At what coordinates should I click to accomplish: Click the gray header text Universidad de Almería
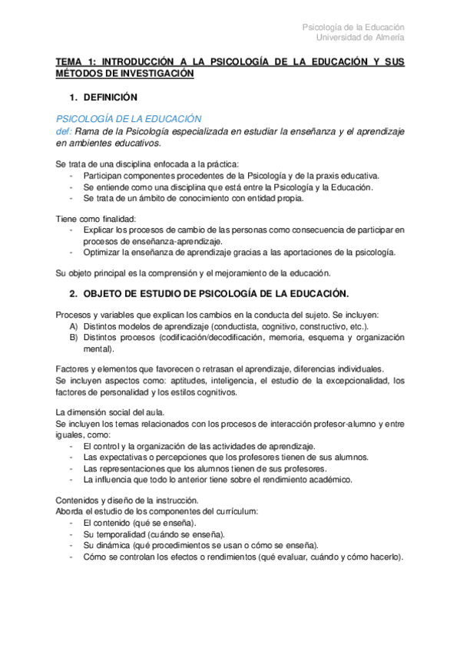[x=360, y=37]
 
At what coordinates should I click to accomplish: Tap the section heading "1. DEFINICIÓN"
[x=103, y=98]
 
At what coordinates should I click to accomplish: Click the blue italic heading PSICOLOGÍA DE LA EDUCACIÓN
[x=128, y=119]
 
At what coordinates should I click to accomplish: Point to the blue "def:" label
[x=64, y=131]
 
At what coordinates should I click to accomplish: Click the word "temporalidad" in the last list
[x=121, y=534]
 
